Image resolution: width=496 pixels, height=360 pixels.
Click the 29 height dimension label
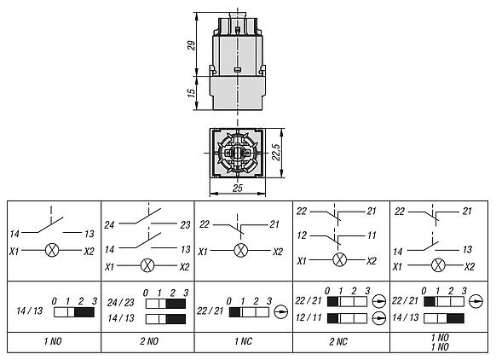(192, 45)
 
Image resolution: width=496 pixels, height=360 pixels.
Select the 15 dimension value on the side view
(192, 92)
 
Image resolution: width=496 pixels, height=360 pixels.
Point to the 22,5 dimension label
(276, 152)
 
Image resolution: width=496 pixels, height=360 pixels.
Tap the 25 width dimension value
(237, 188)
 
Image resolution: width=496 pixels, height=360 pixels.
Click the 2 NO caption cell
(149, 341)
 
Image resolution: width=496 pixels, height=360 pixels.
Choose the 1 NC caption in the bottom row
(243, 341)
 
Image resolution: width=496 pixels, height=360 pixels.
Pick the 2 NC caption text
(338, 341)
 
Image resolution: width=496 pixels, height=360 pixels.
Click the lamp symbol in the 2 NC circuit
(340, 259)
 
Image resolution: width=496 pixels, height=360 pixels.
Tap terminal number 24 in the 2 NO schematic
(109, 225)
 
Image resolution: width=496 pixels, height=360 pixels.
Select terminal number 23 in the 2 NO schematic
(186, 225)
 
